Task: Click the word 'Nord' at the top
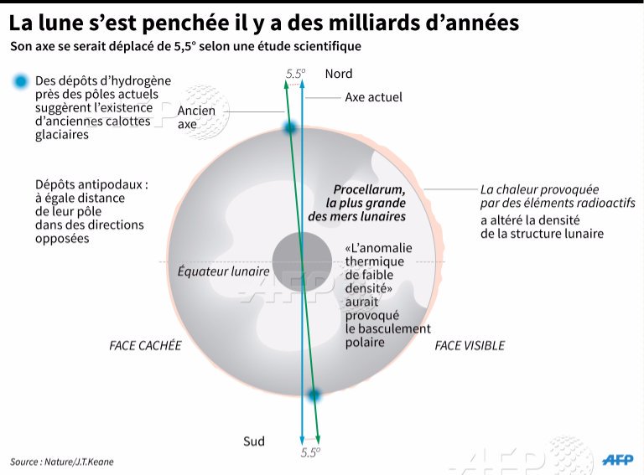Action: [339, 74]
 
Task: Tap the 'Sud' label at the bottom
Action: [254, 441]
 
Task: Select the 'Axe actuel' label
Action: [373, 98]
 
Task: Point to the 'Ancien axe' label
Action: [196, 117]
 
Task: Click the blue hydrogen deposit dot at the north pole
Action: [290, 128]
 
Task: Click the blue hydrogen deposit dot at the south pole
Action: [314, 395]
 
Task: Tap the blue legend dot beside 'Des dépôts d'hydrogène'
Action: [20, 81]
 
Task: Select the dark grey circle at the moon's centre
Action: [302, 261]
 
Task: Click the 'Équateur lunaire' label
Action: [223, 271]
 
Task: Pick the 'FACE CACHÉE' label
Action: [145, 346]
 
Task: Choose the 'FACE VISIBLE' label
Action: [470, 346]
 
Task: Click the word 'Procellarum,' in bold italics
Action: [369, 189]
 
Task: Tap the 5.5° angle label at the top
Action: [296, 74]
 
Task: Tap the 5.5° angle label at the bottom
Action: [310, 452]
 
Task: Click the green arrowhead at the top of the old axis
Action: [286, 84]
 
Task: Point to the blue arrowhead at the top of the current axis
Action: [302, 84]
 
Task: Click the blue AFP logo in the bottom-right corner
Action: [618, 460]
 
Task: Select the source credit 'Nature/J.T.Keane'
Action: [79, 462]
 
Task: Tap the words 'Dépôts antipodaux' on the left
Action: [89, 184]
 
